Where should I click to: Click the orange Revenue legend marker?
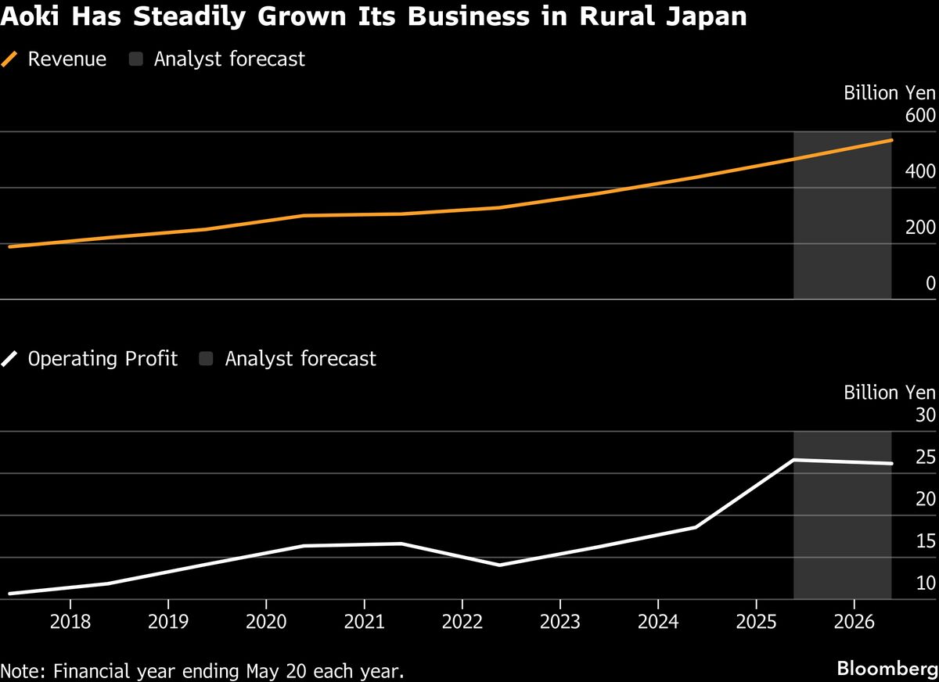10,59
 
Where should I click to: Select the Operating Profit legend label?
103,359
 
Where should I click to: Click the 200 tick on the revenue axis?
920,228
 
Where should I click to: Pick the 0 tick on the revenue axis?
930,284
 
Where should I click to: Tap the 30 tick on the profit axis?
925,415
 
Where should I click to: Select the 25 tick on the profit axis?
925,458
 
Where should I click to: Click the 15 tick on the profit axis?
925,541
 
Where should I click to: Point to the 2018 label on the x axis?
70,623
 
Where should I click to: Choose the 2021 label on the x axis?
364,623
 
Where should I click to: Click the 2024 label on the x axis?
657,623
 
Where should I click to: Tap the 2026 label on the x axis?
854,623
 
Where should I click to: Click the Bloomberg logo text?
887,669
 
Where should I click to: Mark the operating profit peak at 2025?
794,460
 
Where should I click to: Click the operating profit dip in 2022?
499,565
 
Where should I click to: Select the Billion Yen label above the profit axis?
889,393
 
